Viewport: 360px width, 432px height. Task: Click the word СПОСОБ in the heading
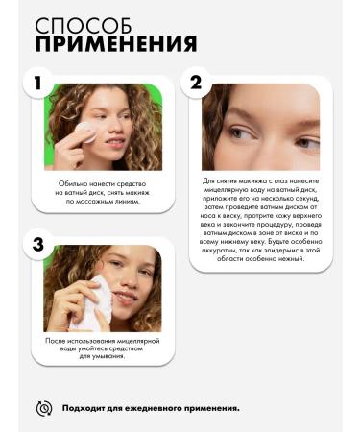(x=79, y=25)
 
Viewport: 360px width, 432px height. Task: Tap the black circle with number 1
(x=37, y=83)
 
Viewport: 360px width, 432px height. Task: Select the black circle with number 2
(x=196, y=83)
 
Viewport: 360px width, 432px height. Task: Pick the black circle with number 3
(x=37, y=244)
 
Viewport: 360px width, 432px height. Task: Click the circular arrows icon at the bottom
(x=43, y=408)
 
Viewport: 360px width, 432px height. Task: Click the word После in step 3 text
(x=58, y=341)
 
